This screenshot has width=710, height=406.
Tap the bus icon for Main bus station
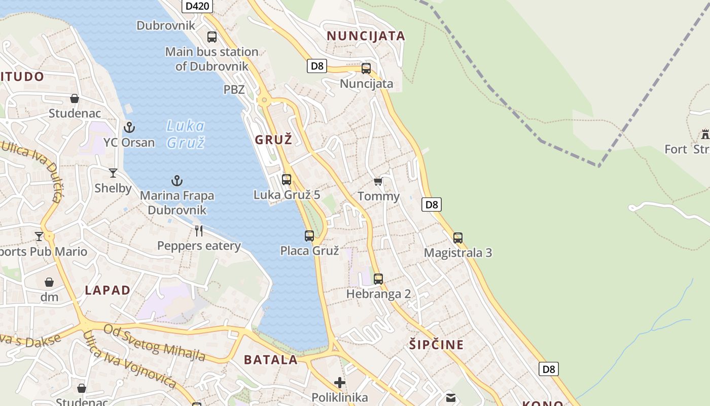pyautogui.click(x=212, y=37)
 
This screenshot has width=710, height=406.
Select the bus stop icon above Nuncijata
pyautogui.click(x=366, y=69)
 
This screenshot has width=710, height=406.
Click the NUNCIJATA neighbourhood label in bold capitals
pyautogui.click(x=366, y=36)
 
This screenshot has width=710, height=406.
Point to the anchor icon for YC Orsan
pyautogui.click(x=129, y=127)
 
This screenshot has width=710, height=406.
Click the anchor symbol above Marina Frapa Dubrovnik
pyautogui.click(x=176, y=181)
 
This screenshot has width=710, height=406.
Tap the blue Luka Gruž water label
pyautogui.click(x=186, y=134)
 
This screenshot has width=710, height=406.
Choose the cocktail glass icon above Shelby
pyautogui.click(x=113, y=173)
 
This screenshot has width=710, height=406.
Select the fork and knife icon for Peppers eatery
pyautogui.click(x=199, y=231)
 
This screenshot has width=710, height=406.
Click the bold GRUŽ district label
pyautogui.click(x=274, y=140)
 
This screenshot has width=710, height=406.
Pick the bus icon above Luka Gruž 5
pyautogui.click(x=287, y=179)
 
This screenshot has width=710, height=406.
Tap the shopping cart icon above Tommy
pyautogui.click(x=378, y=181)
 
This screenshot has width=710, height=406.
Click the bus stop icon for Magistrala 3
pyautogui.click(x=458, y=238)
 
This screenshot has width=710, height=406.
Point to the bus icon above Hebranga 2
pyautogui.click(x=378, y=279)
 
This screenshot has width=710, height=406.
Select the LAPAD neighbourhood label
pyautogui.click(x=108, y=290)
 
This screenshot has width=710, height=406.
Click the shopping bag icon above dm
pyautogui.click(x=49, y=282)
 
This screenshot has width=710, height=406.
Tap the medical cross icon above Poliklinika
pyautogui.click(x=340, y=382)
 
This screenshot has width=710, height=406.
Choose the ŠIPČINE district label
pyautogui.click(x=436, y=345)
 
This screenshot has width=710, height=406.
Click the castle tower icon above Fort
pyautogui.click(x=705, y=134)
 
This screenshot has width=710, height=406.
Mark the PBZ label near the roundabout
pyautogui.click(x=234, y=90)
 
